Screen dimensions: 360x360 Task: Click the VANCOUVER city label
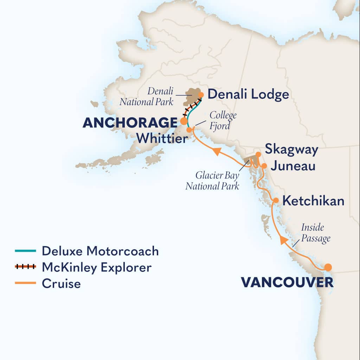click(x=287, y=282)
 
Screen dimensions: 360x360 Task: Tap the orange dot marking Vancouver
click(x=328, y=267)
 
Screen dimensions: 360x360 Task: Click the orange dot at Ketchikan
click(x=276, y=200)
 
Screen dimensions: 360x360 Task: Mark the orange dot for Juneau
click(x=264, y=165)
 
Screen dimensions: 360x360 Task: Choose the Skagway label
click(x=291, y=149)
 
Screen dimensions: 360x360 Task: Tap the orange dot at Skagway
click(x=258, y=154)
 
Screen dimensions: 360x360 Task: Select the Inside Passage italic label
click(x=316, y=233)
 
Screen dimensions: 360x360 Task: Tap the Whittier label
click(x=162, y=138)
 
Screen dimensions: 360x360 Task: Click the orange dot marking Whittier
click(x=189, y=130)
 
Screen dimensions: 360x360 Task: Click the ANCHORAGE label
click(x=130, y=123)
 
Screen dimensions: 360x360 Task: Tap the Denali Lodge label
click(x=248, y=94)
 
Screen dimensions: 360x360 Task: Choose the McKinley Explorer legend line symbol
click(x=25, y=267)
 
